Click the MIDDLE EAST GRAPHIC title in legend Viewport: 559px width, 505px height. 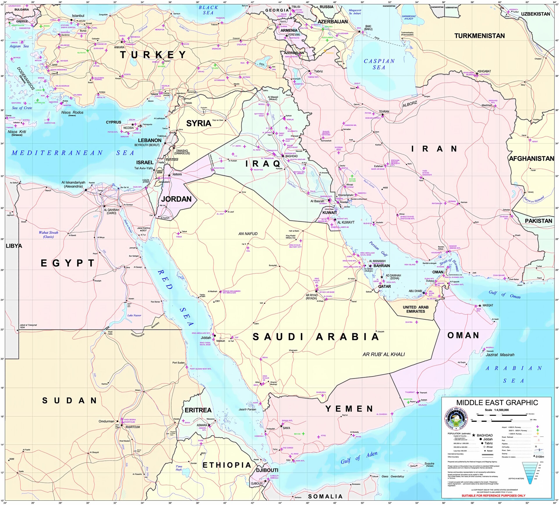point(497,402)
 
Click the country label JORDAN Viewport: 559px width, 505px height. point(176,199)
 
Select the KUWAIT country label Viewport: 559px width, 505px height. point(330,213)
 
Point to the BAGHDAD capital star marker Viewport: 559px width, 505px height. point(282,156)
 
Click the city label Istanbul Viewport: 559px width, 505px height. point(78,16)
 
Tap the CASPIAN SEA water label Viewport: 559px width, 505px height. point(379,64)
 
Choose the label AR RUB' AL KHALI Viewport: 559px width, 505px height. point(383,354)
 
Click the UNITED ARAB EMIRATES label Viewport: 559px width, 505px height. point(415,309)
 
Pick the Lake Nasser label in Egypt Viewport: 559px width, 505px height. point(134,315)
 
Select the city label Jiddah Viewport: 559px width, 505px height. point(206,338)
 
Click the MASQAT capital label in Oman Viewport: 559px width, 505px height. point(488,305)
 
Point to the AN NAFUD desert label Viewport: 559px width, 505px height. point(248,234)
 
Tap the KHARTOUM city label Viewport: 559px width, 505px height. point(132,427)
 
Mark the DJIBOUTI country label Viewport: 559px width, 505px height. point(267,470)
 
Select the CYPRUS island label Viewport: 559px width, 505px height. point(113,122)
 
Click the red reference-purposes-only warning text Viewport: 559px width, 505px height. point(493,495)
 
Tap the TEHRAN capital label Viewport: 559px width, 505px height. point(384,112)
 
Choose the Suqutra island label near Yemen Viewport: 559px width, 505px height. point(429,464)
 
